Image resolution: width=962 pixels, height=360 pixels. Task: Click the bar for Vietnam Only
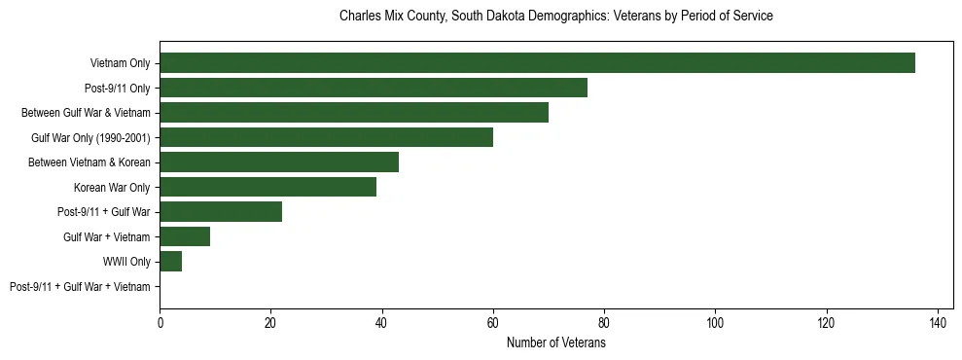click(537, 63)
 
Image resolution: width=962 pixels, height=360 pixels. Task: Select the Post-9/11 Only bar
click(374, 88)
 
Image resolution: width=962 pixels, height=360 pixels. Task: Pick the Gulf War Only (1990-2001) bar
click(326, 137)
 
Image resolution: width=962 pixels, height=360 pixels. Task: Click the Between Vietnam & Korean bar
click(279, 162)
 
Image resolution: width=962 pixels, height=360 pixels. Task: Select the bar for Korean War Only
click(268, 187)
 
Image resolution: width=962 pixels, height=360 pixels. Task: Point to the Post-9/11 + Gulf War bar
click(221, 212)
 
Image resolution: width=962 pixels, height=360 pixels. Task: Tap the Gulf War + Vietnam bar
click(185, 236)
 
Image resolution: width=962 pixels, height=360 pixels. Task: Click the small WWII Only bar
click(171, 262)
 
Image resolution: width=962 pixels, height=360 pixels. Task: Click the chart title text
click(555, 17)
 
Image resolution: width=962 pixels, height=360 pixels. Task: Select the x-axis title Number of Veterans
click(555, 343)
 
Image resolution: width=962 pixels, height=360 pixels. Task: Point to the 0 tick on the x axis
click(160, 322)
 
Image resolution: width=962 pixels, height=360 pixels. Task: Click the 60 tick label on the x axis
click(493, 322)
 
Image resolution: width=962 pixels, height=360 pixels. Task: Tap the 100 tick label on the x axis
click(715, 322)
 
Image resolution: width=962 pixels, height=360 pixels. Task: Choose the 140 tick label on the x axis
click(938, 322)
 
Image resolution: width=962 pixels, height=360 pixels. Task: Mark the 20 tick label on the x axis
click(271, 322)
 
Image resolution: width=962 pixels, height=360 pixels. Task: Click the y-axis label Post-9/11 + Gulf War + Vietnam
click(80, 287)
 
